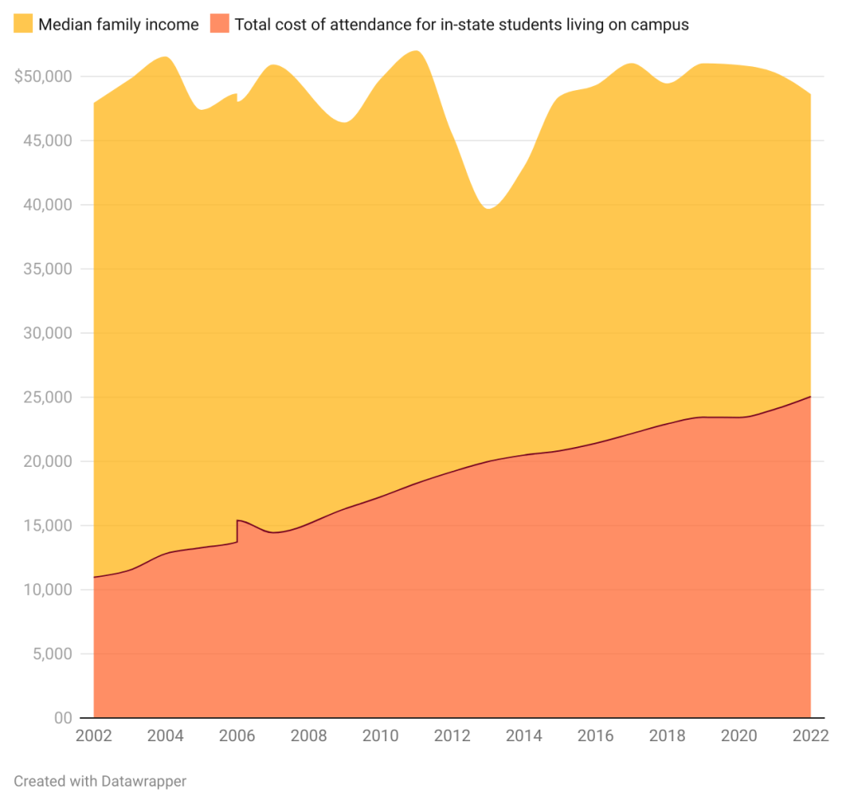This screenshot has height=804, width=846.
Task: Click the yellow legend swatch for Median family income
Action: point(22,24)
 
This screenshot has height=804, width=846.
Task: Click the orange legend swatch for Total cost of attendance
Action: point(219,24)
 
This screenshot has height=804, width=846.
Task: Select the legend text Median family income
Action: point(118,25)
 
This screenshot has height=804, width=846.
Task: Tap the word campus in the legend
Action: point(660,25)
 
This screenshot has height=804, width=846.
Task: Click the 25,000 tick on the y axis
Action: point(48,397)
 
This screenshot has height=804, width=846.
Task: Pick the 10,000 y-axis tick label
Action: point(48,590)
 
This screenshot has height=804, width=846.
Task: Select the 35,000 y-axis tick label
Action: point(48,269)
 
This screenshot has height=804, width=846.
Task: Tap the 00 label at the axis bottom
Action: point(63,718)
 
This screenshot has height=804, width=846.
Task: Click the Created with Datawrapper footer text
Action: point(100,781)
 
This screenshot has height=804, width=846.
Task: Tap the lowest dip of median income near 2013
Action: point(488,208)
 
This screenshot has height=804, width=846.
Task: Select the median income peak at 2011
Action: point(416,51)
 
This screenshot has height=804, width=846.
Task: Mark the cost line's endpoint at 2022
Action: point(810,397)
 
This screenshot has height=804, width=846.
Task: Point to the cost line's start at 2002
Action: point(94,577)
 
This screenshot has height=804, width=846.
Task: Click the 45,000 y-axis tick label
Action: point(48,141)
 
